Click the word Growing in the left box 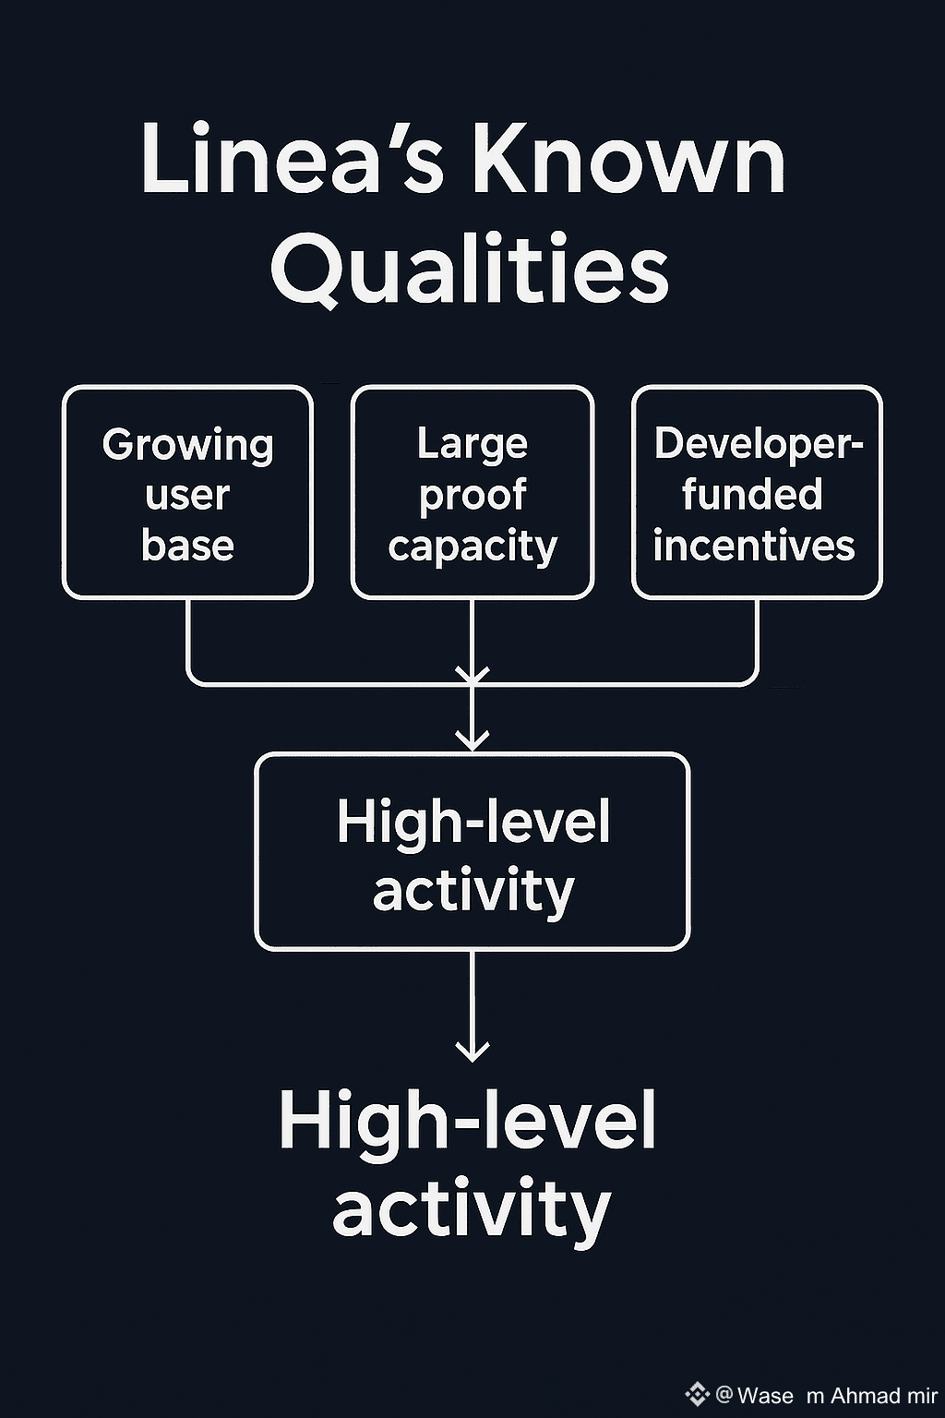(x=188, y=446)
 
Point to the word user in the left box (x=187, y=495)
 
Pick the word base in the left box (x=187, y=545)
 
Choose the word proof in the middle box (x=472, y=496)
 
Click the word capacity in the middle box (x=472, y=547)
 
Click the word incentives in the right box (x=754, y=545)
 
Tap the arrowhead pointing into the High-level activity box (x=472, y=739)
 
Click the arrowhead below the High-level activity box (x=472, y=1050)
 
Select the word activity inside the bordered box (x=473, y=892)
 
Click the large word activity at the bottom (x=472, y=1208)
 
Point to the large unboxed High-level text (x=468, y=1120)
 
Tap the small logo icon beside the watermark (x=697, y=1394)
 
